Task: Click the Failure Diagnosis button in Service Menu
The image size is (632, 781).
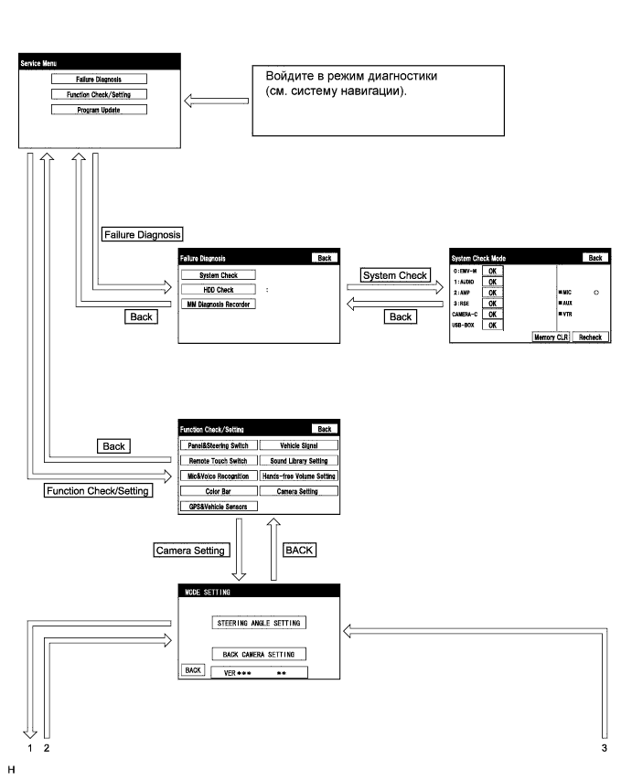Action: pos(99,80)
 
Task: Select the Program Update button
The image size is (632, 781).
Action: pos(99,110)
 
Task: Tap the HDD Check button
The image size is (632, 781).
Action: pos(218,289)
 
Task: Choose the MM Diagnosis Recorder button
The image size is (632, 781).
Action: pos(218,304)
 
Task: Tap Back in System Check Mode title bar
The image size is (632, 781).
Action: pos(595,258)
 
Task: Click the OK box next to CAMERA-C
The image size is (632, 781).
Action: pos(492,314)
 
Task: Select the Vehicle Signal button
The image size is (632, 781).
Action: pos(298,444)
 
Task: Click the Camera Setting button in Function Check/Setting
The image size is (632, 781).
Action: pos(298,490)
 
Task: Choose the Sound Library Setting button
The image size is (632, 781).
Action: pos(298,460)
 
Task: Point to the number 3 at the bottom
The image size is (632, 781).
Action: pos(605,748)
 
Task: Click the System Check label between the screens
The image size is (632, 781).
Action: pos(394,274)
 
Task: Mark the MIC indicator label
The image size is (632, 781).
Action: pos(566,294)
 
